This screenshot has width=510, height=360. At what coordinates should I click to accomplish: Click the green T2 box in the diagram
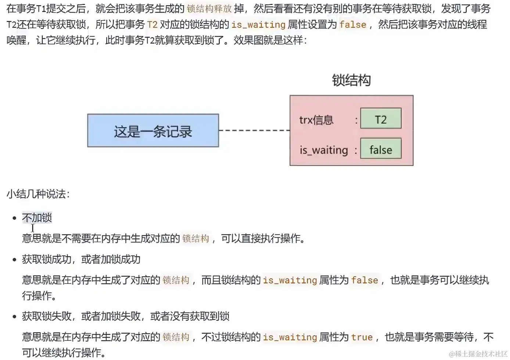(381, 118)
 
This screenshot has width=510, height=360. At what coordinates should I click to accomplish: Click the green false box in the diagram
(381, 148)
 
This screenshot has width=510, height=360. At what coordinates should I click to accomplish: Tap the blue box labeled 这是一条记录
(153, 131)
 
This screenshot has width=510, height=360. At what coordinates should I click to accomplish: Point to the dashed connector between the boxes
(254, 130)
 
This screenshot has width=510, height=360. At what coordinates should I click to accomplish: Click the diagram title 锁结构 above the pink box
(351, 80)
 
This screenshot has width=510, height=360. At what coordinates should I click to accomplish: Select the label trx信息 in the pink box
(316, 120)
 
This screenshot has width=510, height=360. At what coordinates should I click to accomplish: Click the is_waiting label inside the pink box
(324, 150)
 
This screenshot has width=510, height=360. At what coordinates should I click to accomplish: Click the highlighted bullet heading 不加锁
(37, 217)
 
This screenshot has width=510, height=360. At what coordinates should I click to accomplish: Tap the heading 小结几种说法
(38, 194)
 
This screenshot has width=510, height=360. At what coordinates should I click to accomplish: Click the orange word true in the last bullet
(362, 337)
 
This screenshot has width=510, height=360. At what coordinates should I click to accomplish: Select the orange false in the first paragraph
(353, 24)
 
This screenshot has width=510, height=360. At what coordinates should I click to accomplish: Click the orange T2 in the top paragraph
(152, 24)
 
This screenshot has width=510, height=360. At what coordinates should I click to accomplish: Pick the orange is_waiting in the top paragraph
(258, 25)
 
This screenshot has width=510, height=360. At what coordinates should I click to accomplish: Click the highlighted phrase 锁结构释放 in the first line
(209, 9)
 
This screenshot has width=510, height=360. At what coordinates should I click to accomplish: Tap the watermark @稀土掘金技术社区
(478, 354)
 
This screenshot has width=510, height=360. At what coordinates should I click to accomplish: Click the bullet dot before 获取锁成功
(15, 259)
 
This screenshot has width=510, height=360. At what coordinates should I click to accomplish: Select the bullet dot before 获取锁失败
(15, 316)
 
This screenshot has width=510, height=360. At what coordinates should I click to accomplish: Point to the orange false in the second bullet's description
(364, 280)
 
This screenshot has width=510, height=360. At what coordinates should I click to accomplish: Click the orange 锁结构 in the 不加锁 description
(195, 238)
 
